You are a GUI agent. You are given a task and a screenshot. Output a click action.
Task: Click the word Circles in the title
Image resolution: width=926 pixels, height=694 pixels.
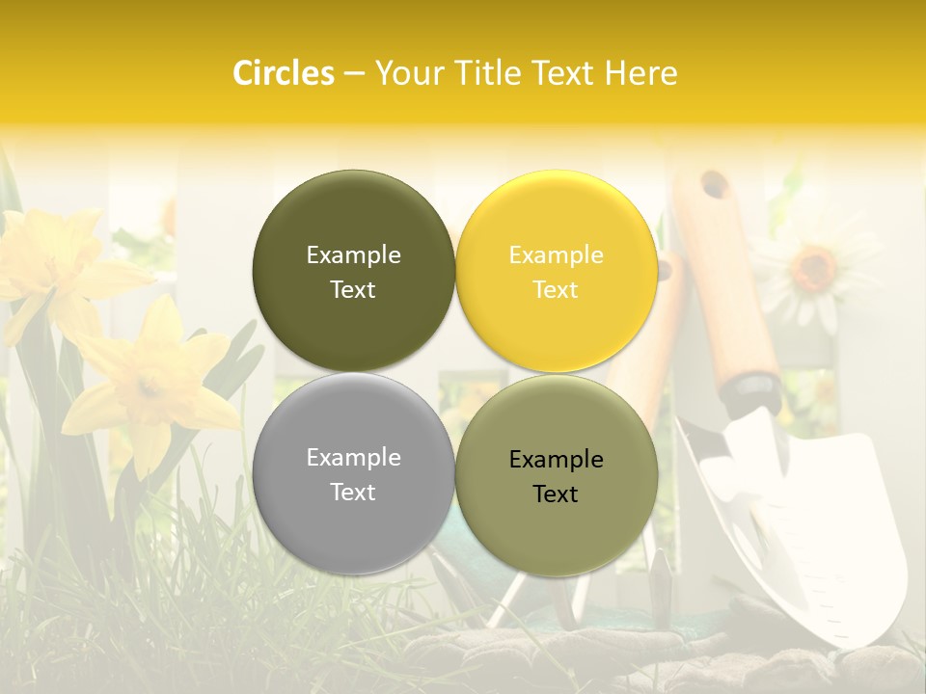(283, 73)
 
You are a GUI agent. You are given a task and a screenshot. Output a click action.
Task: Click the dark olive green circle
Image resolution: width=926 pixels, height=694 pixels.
(353, 271)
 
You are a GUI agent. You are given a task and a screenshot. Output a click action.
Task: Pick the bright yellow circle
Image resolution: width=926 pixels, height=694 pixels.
(556, 271)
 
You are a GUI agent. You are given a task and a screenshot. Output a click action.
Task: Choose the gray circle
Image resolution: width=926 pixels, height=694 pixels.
(353, 473)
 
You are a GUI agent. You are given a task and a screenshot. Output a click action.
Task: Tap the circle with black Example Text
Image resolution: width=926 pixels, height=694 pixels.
(556, 475)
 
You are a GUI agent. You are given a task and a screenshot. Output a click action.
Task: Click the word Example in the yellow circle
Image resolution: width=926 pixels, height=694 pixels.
(556, 254)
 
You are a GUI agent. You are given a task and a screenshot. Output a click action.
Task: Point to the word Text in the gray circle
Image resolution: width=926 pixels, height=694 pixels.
(353, 492)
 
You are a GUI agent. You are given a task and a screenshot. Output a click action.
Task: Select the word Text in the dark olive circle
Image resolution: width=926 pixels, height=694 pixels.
(353, 289)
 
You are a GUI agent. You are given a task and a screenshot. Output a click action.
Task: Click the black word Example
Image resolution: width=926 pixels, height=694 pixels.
(556, 459)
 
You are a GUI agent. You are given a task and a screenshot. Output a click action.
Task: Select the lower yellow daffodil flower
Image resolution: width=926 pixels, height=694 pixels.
(154, 386)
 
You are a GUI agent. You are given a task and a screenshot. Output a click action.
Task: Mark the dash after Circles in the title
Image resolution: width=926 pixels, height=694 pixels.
(354, 73)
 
